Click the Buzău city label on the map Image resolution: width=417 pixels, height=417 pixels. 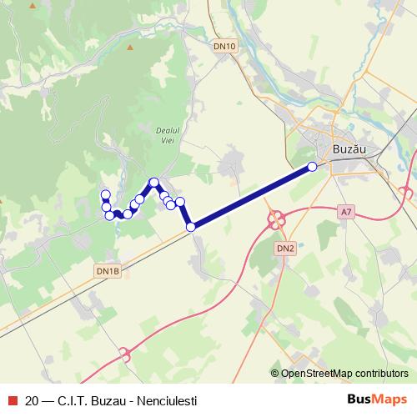point(349,149)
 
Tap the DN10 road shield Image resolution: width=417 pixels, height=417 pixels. point(224,47)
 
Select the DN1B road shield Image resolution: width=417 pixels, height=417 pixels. point(108,271)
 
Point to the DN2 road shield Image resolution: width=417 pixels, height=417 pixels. point(285,249)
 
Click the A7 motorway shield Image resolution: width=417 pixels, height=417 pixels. point(346,213)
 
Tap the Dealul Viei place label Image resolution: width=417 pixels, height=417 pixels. point(168,135)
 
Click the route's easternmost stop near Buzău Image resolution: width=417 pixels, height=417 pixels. point(313,166)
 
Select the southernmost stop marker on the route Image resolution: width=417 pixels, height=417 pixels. point(190,226)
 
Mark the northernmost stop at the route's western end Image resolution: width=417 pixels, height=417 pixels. point(105,195)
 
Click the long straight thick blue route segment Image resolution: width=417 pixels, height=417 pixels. point(250,197)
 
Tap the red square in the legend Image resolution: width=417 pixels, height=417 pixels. point(12,399)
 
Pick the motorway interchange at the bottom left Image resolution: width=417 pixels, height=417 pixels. point(126,354)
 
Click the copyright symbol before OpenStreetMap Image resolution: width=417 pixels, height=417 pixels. point(275,374)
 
